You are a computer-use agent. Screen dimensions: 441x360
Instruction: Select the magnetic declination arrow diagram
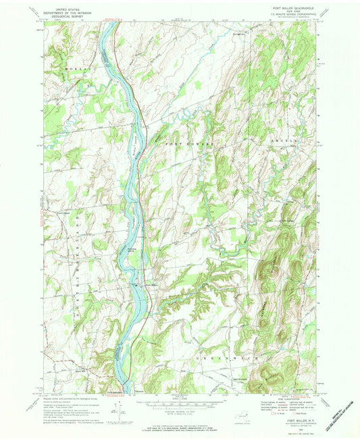click(x=122, y=405)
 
